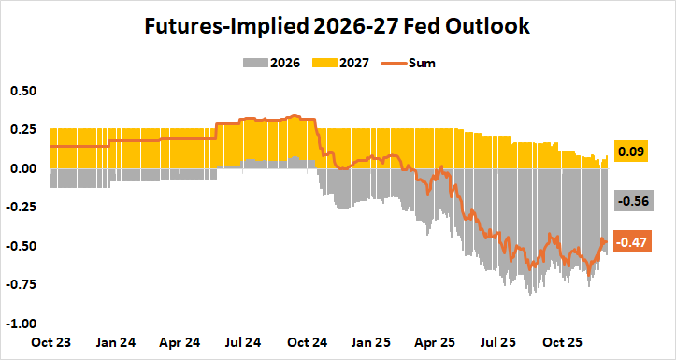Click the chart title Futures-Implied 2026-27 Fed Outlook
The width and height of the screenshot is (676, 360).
click(x=338, y=26)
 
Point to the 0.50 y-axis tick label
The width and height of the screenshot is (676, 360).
click(x=23, y=91)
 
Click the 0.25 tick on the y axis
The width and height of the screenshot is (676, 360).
click(x=23, y=130)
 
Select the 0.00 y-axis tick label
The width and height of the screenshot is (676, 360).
click(x=23, y=168)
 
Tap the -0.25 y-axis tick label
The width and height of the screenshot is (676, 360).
click(x=22, y=208)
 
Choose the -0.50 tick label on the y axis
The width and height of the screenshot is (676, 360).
click(x=22, y=246)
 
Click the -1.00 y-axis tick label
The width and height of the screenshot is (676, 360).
click(x=22, y=324)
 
